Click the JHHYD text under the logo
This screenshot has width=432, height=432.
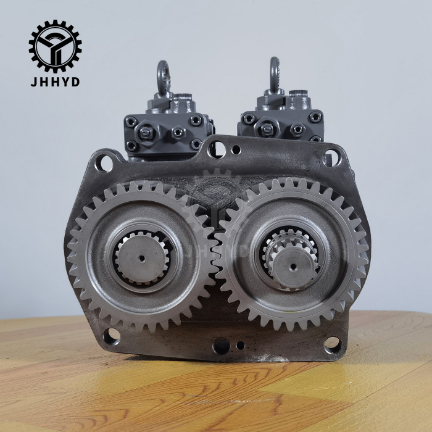pos(55,82)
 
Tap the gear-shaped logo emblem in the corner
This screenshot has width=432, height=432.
pos(55,46)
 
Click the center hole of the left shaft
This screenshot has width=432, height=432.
pos(142,258)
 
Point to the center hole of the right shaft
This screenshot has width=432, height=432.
pos(293,267)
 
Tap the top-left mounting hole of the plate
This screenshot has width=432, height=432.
pos(104,164)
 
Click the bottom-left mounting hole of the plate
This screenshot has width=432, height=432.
pos(112,336)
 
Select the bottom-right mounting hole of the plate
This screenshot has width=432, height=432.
pos(332,344)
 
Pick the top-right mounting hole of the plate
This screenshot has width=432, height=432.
pos(332,157)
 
